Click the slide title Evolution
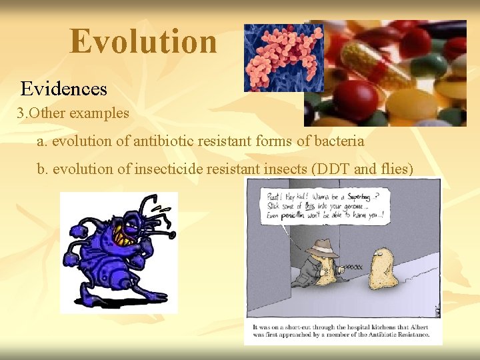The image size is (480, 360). click(x=143, y=41)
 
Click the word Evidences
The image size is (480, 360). click(x=63, y=89)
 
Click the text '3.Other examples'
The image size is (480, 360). click(x=73, y=113)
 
